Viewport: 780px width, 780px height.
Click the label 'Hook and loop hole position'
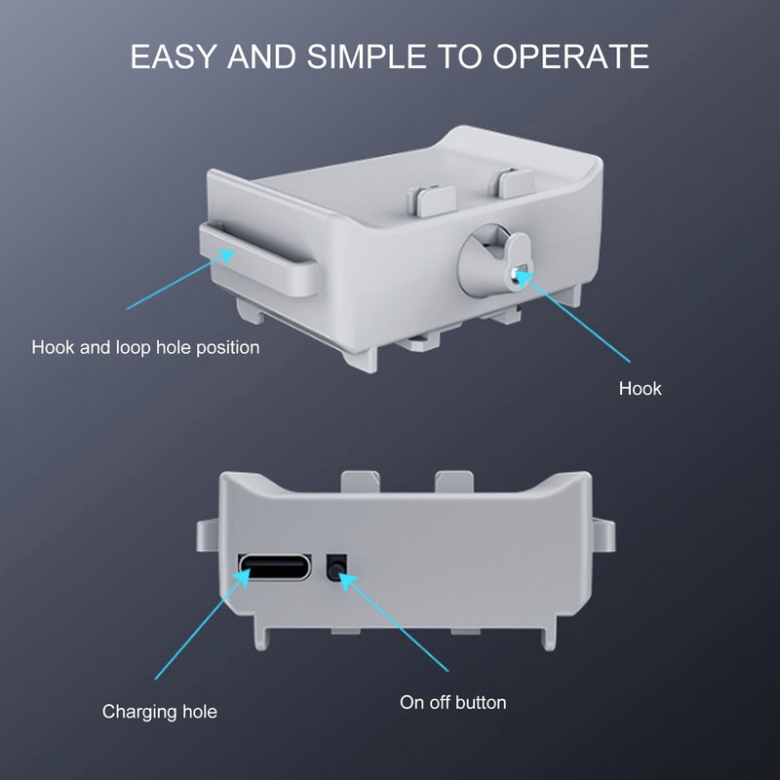pyautogui.click(x=145, y=347)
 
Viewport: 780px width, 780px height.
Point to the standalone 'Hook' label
pyautogui.click(x=640, y=389)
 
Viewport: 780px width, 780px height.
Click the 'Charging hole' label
pyautogui.click(x=159, y=712)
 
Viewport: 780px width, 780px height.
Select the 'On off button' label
pyautogui.click(x=452, y=702)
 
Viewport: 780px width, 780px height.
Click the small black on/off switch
pyautogui.click(x=336, y=567)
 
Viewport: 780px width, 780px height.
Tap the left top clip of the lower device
pyautogui.click(x=361, y=482)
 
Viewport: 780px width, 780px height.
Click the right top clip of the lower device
pyautogui.click(x=454, y=482)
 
